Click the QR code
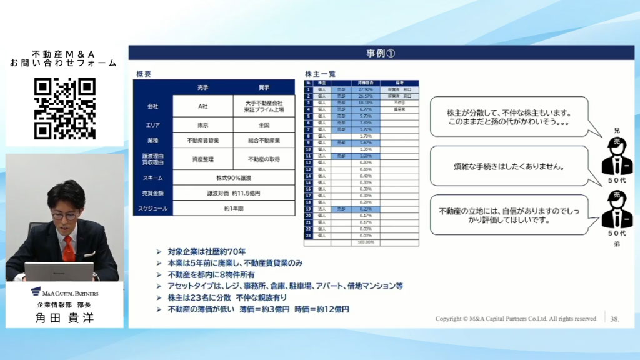[x=64, y=108]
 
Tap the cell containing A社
[x=202, y=106]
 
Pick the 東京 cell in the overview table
[x=202, y=125]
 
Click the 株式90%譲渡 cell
[x=233, y=177]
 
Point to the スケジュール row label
[x=152, y=208]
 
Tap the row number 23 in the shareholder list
[x=308, y=236]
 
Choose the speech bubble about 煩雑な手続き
[x=509, y=167]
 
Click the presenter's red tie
[x=68, y=247]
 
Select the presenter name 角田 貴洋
[x=65, y=317]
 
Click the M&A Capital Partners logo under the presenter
[x=65, y=292]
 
